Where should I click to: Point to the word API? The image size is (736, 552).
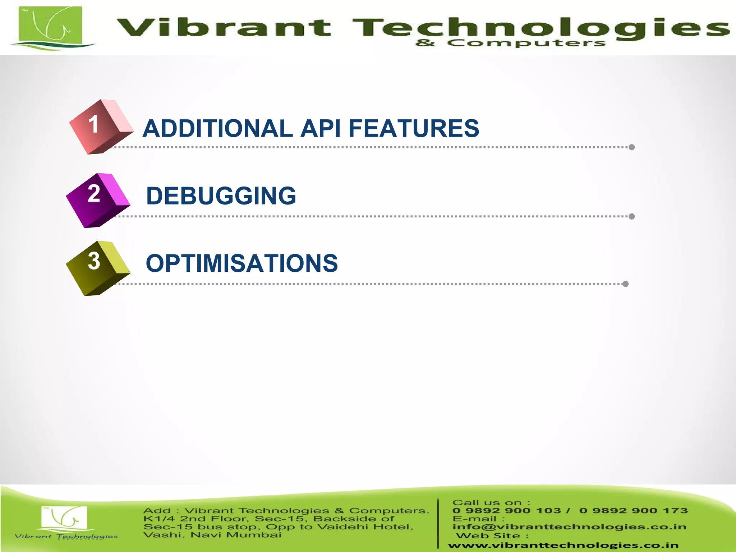point(321,128)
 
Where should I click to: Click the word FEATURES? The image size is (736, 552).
point(414,128)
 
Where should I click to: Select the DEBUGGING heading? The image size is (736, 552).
point(221,196)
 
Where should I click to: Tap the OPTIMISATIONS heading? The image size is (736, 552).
point(241,263)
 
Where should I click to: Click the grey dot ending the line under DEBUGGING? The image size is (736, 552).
point(632,216)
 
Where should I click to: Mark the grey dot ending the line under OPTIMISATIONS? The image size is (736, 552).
point(625,284)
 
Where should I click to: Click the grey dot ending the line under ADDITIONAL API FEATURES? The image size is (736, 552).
point(632,147)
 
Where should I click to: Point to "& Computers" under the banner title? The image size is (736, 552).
point(510,43)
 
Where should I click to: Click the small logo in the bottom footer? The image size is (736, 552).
point(65,519)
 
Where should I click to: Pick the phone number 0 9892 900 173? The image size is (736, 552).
point(633,511)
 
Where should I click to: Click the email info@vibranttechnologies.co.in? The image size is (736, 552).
point(569,527)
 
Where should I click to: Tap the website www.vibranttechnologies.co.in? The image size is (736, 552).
point(563,546)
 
